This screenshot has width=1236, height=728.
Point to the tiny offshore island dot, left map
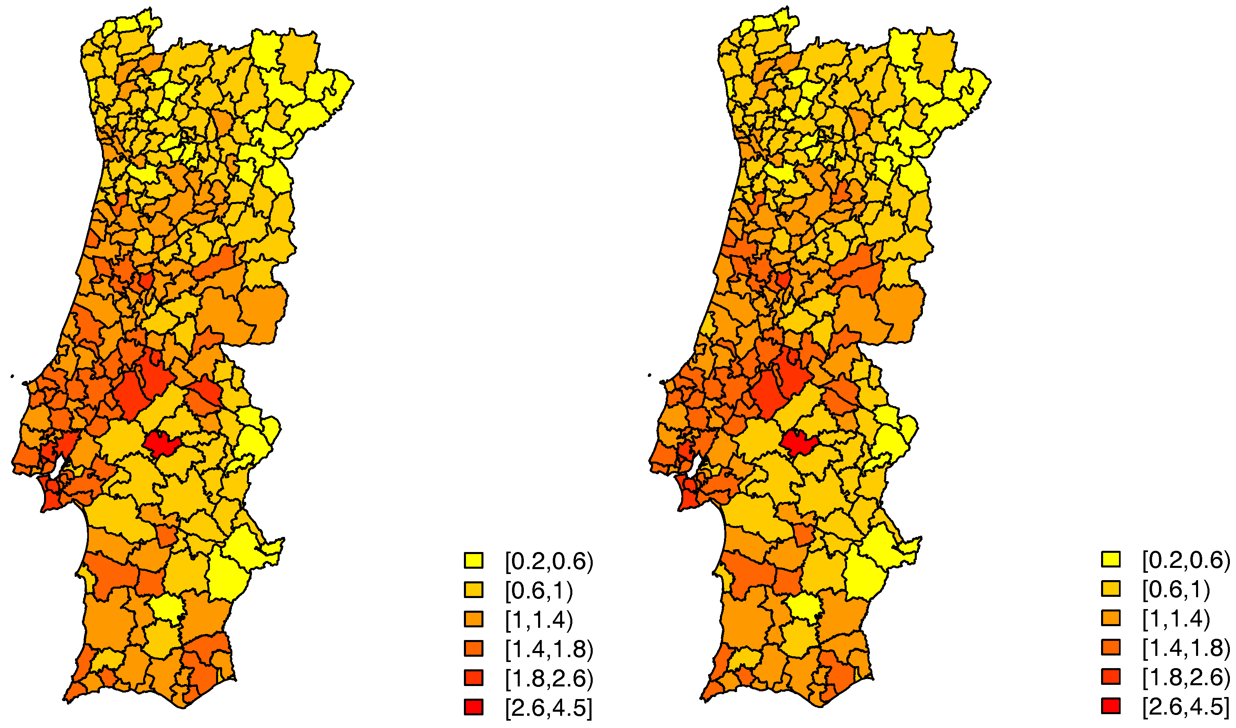pyautogui.click(x=12, y=377)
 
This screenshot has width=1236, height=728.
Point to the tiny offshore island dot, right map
pyautogui.click(x=649, y=375)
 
